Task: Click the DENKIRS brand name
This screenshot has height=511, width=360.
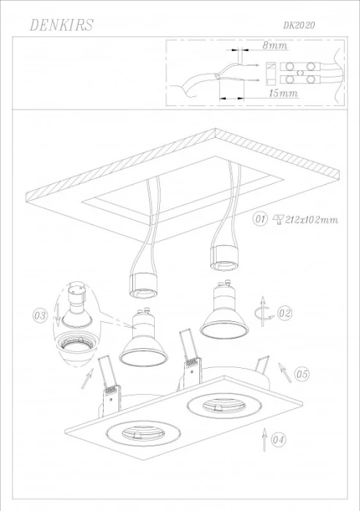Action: tap(61, 25)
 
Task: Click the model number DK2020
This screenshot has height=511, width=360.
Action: tap(299, 25)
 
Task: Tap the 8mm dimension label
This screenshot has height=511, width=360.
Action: tap(275, 45)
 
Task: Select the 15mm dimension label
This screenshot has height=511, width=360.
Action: tap(283, 93)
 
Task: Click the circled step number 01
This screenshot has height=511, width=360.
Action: tap(260, 219)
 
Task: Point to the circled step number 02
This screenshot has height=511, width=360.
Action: tap(284, 313)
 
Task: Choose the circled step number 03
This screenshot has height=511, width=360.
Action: tap(40, 316)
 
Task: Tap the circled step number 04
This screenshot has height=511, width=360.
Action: tap(278, 440)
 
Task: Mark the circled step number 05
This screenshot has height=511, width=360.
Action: tap(302, 374)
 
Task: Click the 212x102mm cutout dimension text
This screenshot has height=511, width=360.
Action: tap(311, 220)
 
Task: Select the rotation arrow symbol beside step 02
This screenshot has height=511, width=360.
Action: tap(262, 312)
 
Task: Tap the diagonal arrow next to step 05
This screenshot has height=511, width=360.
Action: tap(285, 372)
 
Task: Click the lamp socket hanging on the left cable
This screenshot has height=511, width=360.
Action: tap(143, 286)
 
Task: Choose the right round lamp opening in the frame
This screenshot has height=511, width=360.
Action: tap(224, 405)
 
